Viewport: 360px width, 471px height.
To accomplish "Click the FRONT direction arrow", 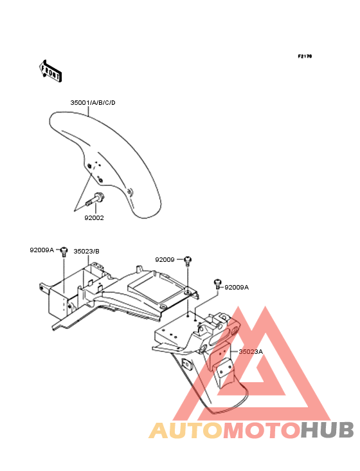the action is (x=50, y=71).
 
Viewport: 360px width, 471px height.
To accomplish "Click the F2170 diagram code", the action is (x=305, y=56).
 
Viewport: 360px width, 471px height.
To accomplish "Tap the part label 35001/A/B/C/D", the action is (x=93, y=103).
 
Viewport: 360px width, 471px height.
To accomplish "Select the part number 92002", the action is (x=94, y=217).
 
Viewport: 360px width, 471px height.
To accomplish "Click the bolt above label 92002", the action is (x=95, y=199).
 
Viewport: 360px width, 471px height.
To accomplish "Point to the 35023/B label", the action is (x=86, y=251).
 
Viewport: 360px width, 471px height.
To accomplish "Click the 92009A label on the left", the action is (x=42, y=250).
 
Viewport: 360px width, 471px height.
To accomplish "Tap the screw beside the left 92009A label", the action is (x=64, y=252).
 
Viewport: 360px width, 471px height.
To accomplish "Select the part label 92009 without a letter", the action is (x=165, y=259).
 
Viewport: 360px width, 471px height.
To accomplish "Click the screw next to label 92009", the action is (x=188, y=261).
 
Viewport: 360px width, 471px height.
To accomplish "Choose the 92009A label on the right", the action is (x=237, y=288).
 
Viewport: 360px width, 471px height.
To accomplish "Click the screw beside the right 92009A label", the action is (x=217, y=284).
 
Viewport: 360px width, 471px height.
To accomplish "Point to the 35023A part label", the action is (x=251, y=351).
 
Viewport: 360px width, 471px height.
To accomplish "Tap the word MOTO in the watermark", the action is (x=262, y=430).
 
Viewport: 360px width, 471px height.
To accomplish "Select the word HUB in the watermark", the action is (x=328, y=430).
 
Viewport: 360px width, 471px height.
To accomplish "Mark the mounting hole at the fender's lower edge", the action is (x=130, y=190).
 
